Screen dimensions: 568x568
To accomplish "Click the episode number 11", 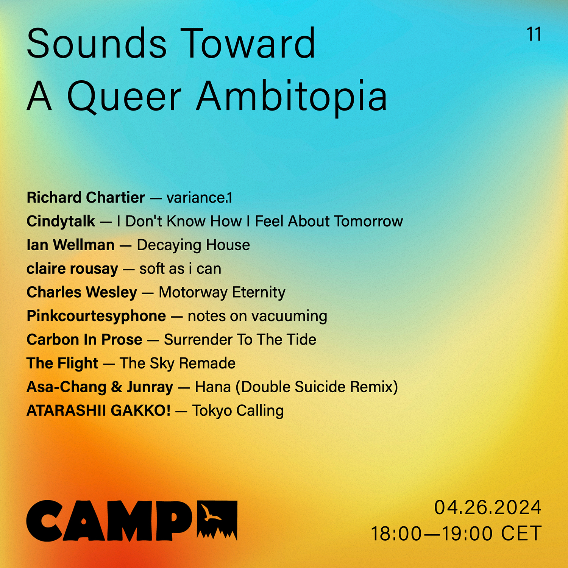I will pyautogui.click(x=534, y=34).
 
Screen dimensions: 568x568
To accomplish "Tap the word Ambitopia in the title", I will pyautogui.click(x=292, y=97).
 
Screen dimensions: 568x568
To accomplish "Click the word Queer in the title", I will pyautogui.click(x=124, y=97).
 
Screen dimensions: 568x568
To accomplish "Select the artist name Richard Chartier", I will pyautogui.click(x=86, y=198).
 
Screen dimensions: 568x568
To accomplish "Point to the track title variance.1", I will pyautogui.click(x=199, y=198).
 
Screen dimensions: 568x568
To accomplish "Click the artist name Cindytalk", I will pyautogui.click(x=61, y=222).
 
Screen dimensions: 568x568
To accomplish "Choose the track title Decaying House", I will pyautogui.click(x=193, y=245).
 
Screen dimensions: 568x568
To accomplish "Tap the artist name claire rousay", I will pyautogui.click(x=72, y=269).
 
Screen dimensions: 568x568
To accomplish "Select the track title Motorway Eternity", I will pyautogui.click(x=222, y=293).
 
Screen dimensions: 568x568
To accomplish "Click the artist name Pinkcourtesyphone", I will pyautogui.click(x=96, y=316).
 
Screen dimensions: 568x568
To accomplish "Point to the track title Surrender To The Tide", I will pyautogui.click(x=240, y=340).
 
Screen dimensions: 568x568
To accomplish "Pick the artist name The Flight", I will pyautogui.click(x=62, y=364).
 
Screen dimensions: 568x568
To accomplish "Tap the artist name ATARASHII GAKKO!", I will pyautogui.click(x=98, y=411).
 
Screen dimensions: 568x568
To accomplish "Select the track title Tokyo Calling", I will pyautogui.click(x=238, y=411).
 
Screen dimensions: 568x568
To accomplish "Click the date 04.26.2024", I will pyautogui.click(x=488, y=507).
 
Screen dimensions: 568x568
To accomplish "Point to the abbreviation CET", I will pyautogui.click(x=521, y=534).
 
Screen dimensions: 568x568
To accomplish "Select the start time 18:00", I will pyautogui.click(x=396, y=534).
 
